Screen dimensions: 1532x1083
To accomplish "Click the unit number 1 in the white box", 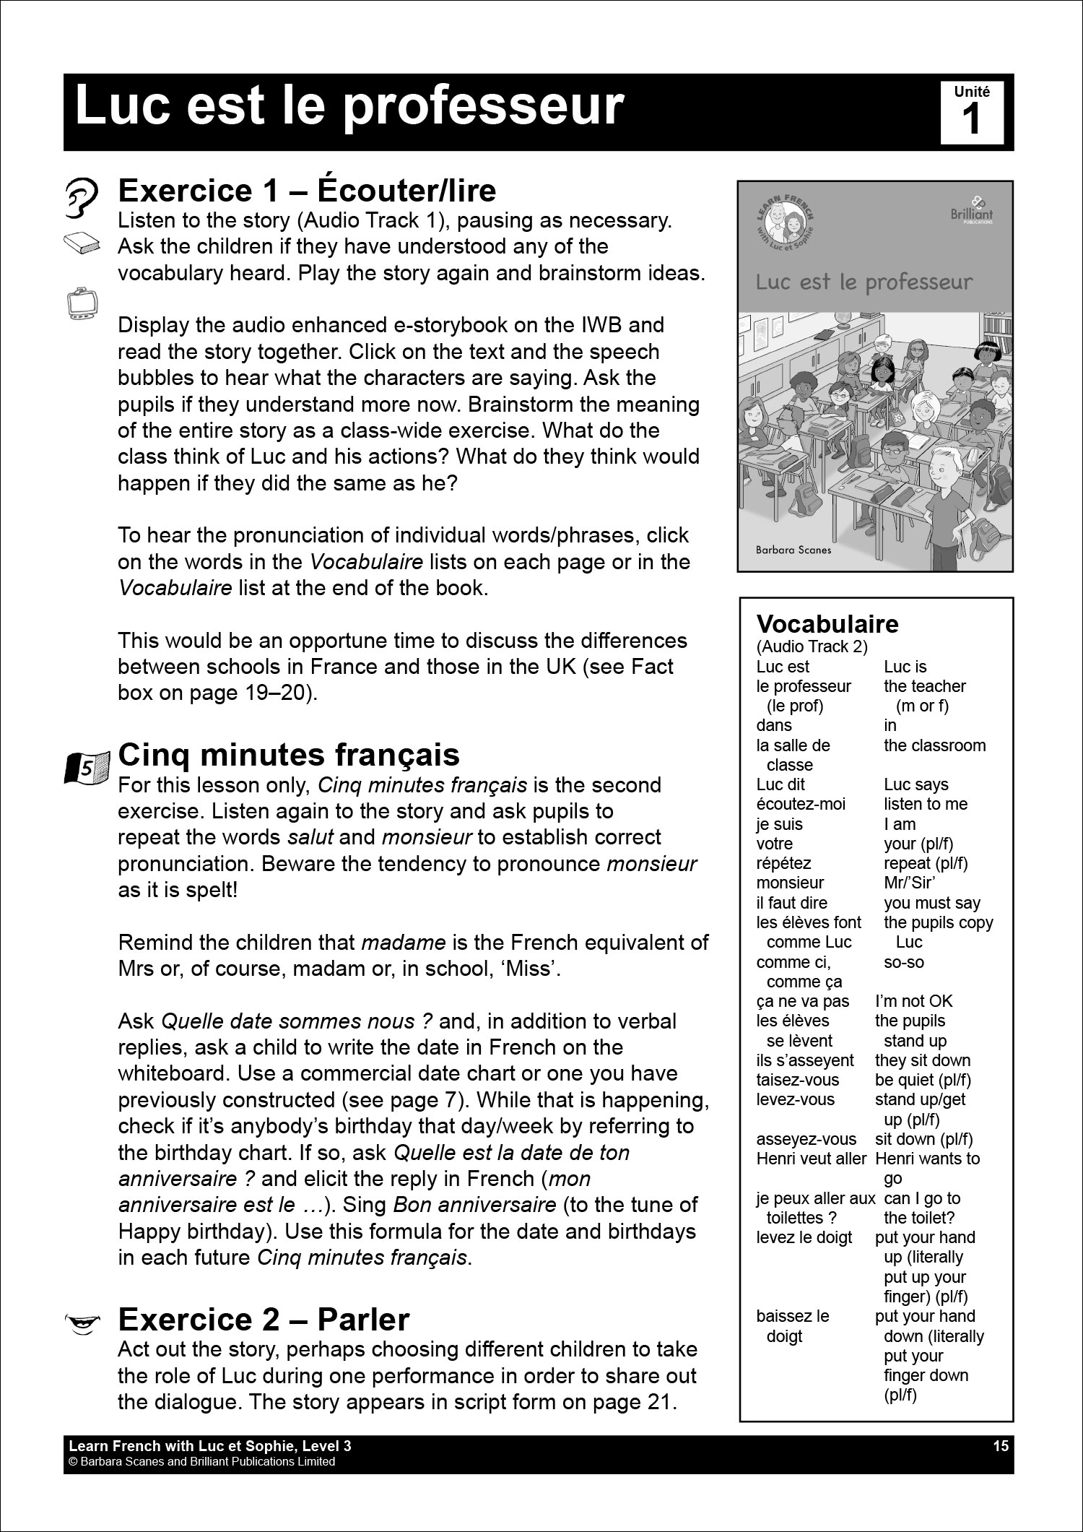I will pos(972,118).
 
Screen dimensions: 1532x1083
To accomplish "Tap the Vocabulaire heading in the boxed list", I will pos(827,624).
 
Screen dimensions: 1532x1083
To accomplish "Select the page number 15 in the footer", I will pos(1000,1446).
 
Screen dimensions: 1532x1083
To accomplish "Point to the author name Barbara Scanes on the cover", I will pos(793,550).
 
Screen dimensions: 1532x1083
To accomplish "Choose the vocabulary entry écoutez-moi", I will pos(800,804).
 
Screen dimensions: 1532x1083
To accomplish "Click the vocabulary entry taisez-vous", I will pos(798,1080).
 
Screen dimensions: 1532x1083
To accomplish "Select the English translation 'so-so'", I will pos(903,962).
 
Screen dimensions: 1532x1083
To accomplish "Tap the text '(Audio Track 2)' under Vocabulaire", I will pos(812,646).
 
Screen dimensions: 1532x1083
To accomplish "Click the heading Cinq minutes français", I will pos(288,755).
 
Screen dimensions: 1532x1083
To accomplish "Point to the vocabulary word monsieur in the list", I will pos(790,883).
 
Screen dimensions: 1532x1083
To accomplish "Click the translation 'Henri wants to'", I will pos(927,1159).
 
